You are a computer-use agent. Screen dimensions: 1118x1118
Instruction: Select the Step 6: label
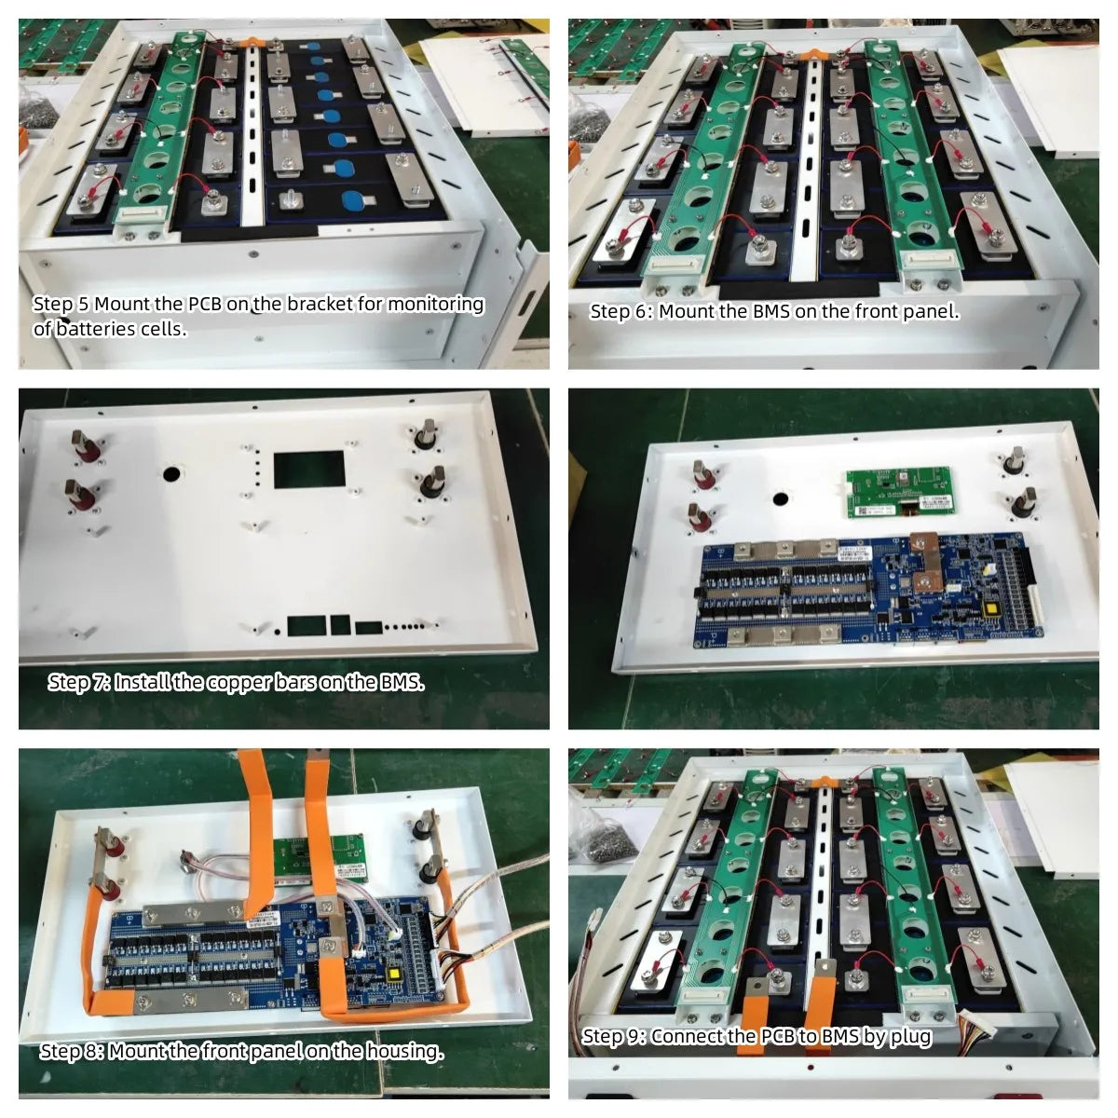621,312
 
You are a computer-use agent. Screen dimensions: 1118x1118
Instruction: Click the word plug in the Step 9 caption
911,1037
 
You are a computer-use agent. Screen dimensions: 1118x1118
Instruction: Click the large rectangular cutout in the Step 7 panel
309,470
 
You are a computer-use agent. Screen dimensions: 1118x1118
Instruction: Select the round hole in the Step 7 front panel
171,473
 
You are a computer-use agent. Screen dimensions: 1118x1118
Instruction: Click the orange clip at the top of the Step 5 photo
252,42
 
